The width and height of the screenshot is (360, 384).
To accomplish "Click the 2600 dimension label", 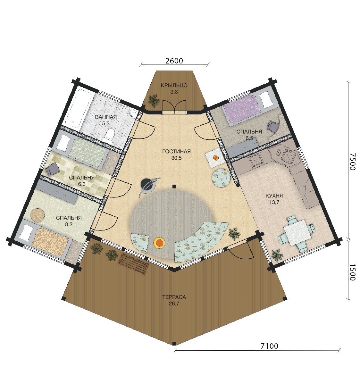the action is click(x=174, y=61).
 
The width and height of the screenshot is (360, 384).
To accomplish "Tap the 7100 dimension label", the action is click(x=269, y=346).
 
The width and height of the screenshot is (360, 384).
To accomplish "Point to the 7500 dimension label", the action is click(x=352, y=162).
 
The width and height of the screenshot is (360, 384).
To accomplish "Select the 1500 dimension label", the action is click(x=352, y=272).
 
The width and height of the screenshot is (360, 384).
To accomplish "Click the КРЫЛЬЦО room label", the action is click(x=174, y=86).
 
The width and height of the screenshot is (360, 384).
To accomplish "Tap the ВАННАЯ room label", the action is click(x=106, y=117).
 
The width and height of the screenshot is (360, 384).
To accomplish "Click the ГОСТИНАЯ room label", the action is click(x=176, y=152).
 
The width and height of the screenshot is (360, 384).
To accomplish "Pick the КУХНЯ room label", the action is click(x=274, y=196).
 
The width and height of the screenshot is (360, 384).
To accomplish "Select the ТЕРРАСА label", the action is click(x=174, y=297).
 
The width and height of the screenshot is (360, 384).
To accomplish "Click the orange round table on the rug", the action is click(x=159, y=243).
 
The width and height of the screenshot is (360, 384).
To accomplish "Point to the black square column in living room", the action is click(x=174, y=187).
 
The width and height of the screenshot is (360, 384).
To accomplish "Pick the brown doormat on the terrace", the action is click(x=133, y=263).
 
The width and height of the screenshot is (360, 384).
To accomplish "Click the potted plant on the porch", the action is click(x=154, y=100).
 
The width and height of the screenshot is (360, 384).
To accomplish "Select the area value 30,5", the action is click(x=176, y=158).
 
